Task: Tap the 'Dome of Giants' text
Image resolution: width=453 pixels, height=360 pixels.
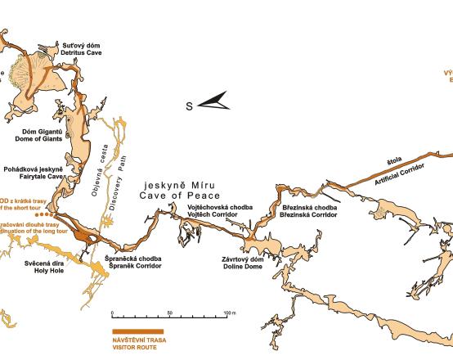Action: (29, 137)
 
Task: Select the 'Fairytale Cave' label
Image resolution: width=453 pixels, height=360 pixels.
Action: (33, 176)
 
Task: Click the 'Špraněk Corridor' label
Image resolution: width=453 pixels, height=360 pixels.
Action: (134, 266)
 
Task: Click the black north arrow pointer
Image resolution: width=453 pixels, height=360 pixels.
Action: (215, 103)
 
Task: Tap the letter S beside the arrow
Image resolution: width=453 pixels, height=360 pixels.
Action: (189, 106)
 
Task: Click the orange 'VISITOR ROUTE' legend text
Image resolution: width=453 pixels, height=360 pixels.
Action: (136, 347)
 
